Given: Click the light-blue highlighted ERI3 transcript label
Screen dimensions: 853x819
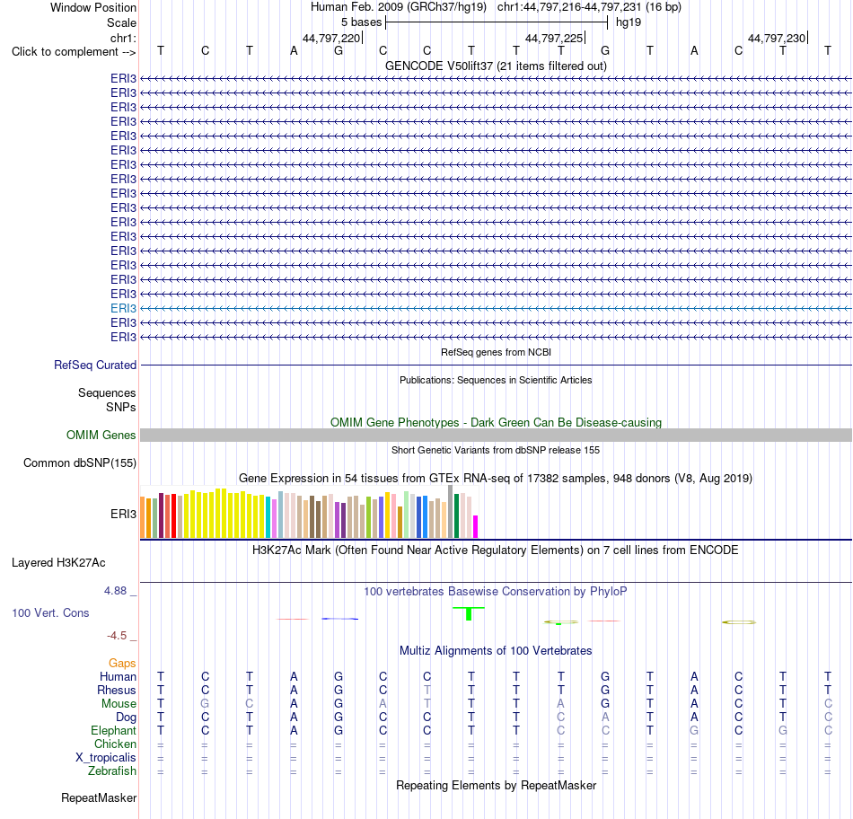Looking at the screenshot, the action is tap(123, 309).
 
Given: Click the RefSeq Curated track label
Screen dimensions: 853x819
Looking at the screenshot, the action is tap(94, 365).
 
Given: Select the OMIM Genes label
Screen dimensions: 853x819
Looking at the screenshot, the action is tap(101, 436).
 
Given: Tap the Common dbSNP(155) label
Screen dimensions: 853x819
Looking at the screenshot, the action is tap(79, 463).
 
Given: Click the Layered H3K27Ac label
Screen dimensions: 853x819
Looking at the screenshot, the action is tap(58, 563).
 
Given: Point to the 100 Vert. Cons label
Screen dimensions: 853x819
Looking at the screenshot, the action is tap(50, 612).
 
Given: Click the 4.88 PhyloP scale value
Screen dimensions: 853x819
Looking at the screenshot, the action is tap(115, 591).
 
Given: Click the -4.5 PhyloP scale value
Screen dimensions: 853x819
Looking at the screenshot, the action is tap(117, 636).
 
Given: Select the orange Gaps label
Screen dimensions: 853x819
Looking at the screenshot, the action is tap(122, 664).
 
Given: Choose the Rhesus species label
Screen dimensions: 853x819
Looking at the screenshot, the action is tap(117, 690).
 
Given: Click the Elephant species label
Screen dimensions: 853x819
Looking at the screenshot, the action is tap(113, 730).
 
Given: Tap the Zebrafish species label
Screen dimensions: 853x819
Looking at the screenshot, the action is tap(112, 771).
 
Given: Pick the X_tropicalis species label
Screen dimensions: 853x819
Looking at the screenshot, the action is tap(106, 758).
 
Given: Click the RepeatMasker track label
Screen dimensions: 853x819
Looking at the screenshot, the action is tap(99, 797).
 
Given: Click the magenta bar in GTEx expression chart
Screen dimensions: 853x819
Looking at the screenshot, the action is tap(476, 527).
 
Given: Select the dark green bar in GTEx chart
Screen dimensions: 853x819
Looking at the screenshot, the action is tap(456, 515).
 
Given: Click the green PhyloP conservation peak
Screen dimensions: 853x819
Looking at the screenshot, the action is tap(469, 613).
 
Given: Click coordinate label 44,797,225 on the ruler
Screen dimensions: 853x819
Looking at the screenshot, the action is tap(554, 38).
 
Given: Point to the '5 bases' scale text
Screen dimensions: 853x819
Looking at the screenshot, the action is tap(361, 22).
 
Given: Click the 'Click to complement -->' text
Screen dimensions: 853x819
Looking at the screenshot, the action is tap(74, 52).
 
